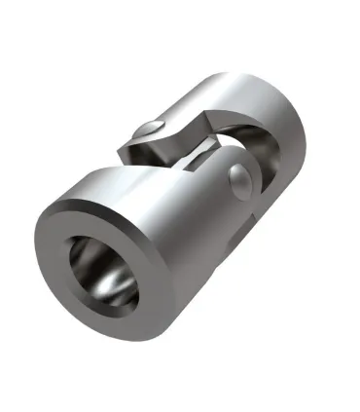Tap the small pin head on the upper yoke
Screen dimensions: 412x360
pos(147,128)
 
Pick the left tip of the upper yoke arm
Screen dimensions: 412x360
pos(121,151)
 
